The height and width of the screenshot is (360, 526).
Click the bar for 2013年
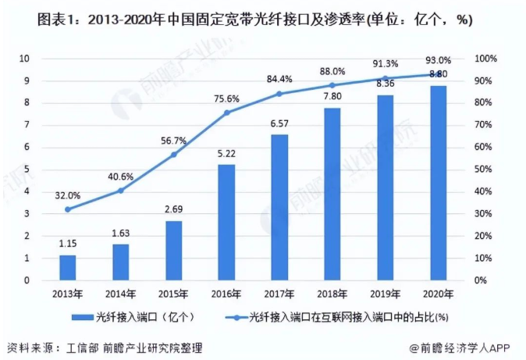point(68,267)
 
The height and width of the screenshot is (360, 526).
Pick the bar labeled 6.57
point(279,207)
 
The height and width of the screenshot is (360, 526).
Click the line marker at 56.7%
point(174,155)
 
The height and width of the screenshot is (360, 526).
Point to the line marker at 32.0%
point(68,209)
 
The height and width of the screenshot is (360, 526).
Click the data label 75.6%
point(226,98)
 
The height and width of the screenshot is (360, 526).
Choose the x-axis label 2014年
point(121,294)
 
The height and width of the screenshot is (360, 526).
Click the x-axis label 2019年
point(385,294)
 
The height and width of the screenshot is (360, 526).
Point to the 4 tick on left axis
point(27,191)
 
